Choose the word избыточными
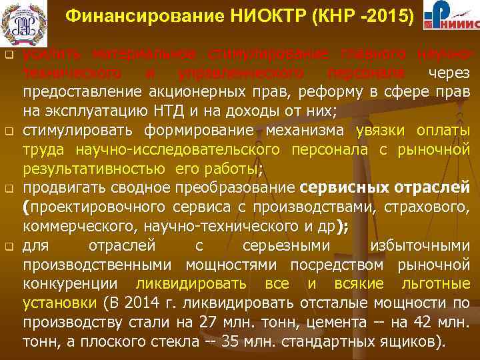click(418, 246)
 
